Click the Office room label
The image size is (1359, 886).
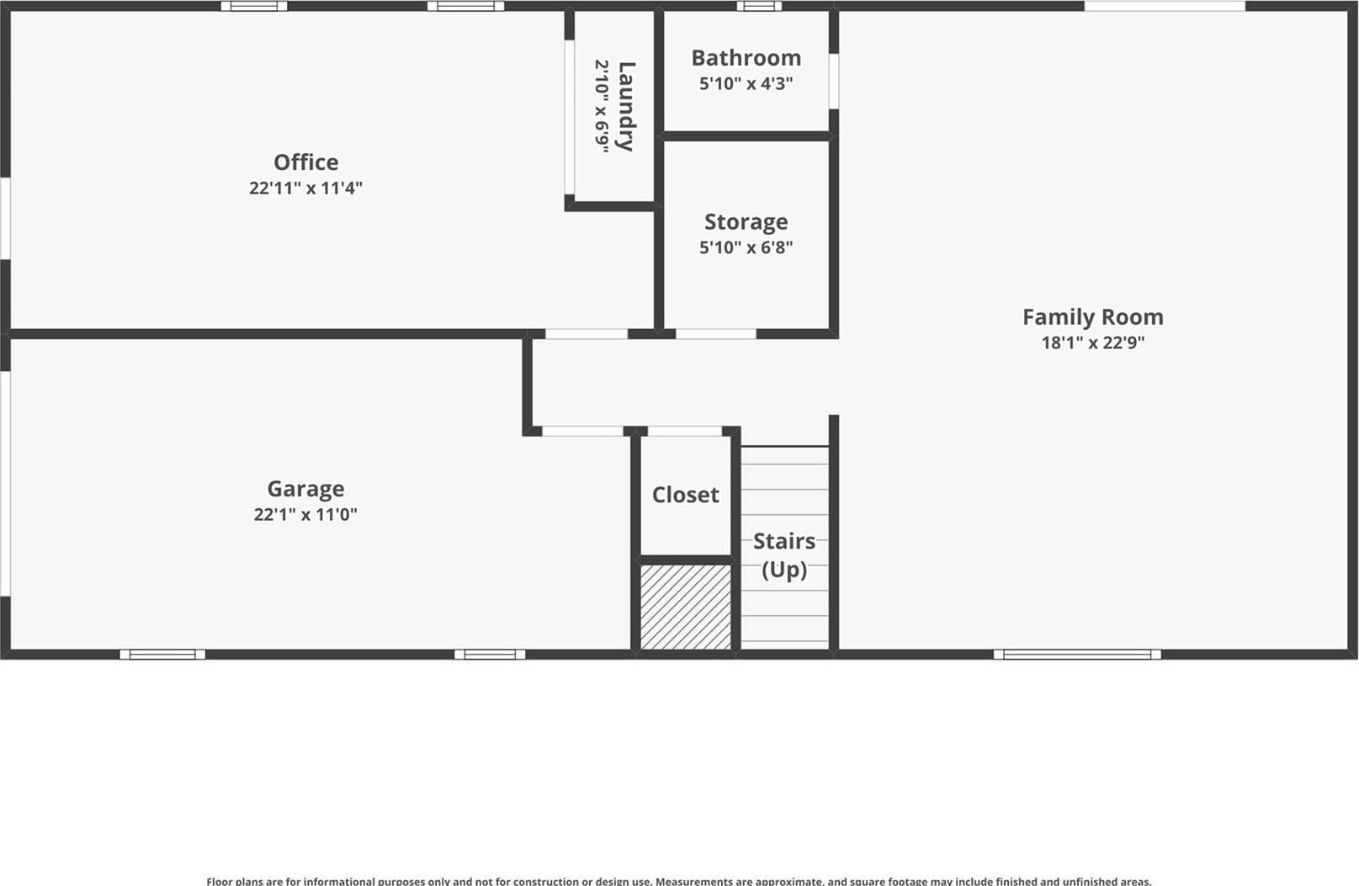(x=305, y=162)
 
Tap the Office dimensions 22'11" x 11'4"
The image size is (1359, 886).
(x=305, y=188)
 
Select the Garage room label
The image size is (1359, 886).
(x=305, y=488)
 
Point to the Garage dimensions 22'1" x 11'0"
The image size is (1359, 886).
(x=305, y=514)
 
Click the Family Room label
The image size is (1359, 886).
(x=1092, y=316)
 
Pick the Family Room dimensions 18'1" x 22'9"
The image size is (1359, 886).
(x=1092, y=342)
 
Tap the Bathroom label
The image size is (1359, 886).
(x=746, y=57)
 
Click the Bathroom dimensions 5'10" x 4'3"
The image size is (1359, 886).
(x=746, y=83)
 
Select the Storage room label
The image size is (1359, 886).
(x=746, y=221)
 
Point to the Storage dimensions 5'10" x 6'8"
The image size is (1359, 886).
(x=746, y=247)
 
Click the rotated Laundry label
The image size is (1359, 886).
(x=625, y=106)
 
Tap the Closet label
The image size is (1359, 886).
(x=685, y=495)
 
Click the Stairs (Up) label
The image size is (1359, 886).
(x=783, y=554)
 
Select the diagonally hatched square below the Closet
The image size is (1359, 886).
(x=686, y=607)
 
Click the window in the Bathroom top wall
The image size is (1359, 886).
(x=759, y=6)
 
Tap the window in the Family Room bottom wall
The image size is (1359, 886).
(x=1076, y=655)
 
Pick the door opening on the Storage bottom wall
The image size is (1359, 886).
(x=715, y=334)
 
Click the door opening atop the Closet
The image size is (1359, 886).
(x=684, y=432)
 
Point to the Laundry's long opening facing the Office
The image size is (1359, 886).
(x=570, y=118)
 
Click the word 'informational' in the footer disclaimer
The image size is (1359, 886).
(x=340, y=881)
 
